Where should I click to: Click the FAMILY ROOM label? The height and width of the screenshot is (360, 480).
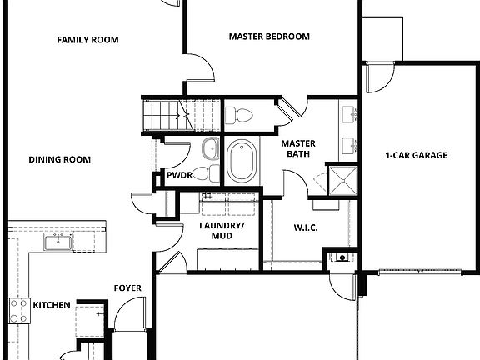point(87,40)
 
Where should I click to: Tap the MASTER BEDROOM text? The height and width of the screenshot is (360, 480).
point(269,37)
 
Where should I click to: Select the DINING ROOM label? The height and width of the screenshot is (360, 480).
point(59,160)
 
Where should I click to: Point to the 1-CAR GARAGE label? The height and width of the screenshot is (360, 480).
point(417,155)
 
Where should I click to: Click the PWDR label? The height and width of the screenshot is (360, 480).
point(180,177)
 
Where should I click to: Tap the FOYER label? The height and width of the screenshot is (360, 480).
point(127,289)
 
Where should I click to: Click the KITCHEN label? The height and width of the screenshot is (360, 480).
point(51,306)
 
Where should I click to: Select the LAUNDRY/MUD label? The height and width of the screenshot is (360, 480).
point(222,231)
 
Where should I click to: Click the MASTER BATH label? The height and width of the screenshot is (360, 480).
point(298,148)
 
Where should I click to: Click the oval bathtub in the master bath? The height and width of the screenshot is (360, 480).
point(243,161)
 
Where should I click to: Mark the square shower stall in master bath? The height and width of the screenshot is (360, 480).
point(343,178)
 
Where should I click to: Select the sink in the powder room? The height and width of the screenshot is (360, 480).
point(212,174)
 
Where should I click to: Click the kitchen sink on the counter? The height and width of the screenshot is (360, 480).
point(57,242)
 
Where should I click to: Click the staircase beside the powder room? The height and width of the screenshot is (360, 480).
point(167,114)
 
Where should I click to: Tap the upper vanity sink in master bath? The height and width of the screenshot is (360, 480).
point(348,114)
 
